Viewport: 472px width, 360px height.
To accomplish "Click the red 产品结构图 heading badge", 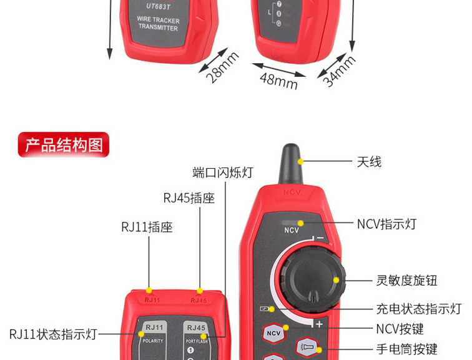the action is (64, 145).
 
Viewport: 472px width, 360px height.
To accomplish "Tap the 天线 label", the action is (369, 162).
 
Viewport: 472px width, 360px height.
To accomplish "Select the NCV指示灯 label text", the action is (386, 224).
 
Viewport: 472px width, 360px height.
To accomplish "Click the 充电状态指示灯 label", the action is (418, 309).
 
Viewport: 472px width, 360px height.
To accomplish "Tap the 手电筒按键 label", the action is (406, 349).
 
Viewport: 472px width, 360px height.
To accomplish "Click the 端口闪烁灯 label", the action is (223, 172).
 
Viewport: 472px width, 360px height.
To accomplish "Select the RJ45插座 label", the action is (189, 198).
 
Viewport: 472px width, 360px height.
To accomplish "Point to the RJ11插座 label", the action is (147, 227).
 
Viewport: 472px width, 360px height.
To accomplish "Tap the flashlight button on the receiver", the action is (307, 346).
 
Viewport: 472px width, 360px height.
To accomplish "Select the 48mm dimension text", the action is (278, 80).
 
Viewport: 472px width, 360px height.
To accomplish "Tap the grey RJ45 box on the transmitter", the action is (196, 327).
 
